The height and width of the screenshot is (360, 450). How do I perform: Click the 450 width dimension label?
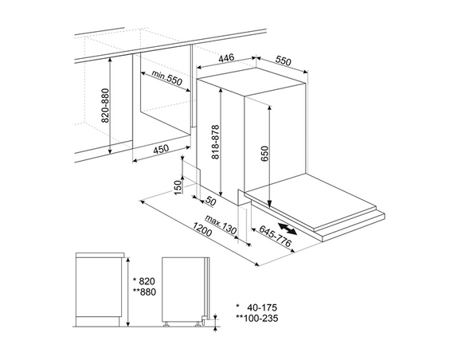(x=160, y=149)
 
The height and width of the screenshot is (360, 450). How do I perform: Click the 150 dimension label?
(x=178, y=186)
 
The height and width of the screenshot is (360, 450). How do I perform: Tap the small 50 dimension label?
(x=212, y=199)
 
